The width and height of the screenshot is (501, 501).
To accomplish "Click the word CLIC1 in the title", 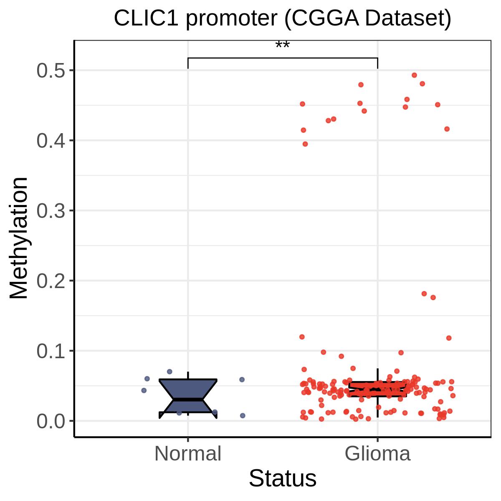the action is (x=146, y=18).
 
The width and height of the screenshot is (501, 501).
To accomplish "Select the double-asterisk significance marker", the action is (x=282, y=45).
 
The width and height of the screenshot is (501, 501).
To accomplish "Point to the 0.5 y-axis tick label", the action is (x=51, y=71).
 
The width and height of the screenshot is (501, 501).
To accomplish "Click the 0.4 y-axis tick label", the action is (x=51, y=141).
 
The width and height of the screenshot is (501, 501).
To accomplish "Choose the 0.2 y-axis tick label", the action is (x=51, y=281).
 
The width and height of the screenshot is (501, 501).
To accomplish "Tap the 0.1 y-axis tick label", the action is (x=51, y=351).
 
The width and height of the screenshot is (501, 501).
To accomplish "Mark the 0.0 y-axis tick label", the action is (x=51, y=421).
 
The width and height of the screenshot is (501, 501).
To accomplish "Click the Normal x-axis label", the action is (x=188, y=454).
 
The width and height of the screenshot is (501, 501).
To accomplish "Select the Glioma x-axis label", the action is (x=377, y=454).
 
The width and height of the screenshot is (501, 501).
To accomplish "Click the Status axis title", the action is (x=283, y=478).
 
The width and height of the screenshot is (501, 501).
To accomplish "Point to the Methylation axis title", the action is (x=18, y=238).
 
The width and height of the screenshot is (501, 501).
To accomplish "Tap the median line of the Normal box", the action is (x=188, y=400).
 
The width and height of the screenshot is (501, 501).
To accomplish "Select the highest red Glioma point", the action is (x=415, y=76).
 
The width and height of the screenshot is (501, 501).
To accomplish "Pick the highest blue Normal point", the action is (x=170, y=372).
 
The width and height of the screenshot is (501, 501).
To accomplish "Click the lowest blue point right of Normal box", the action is (x=243, y=416).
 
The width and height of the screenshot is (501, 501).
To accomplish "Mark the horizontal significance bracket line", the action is (x=283, y=58).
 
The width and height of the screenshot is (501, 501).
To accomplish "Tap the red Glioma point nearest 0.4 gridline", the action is (x=305, y=144).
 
